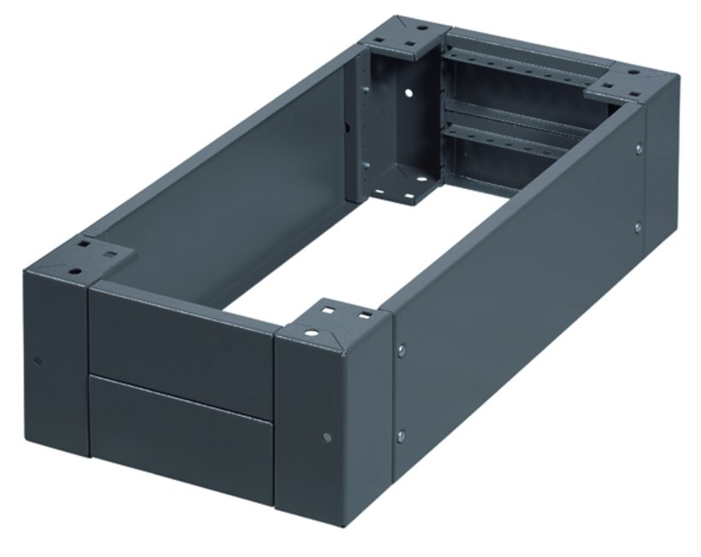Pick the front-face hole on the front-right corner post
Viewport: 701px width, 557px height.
[329, 437]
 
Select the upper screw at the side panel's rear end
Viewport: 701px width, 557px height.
[639, 150]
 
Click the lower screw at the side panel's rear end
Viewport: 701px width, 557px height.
[637, 227]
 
